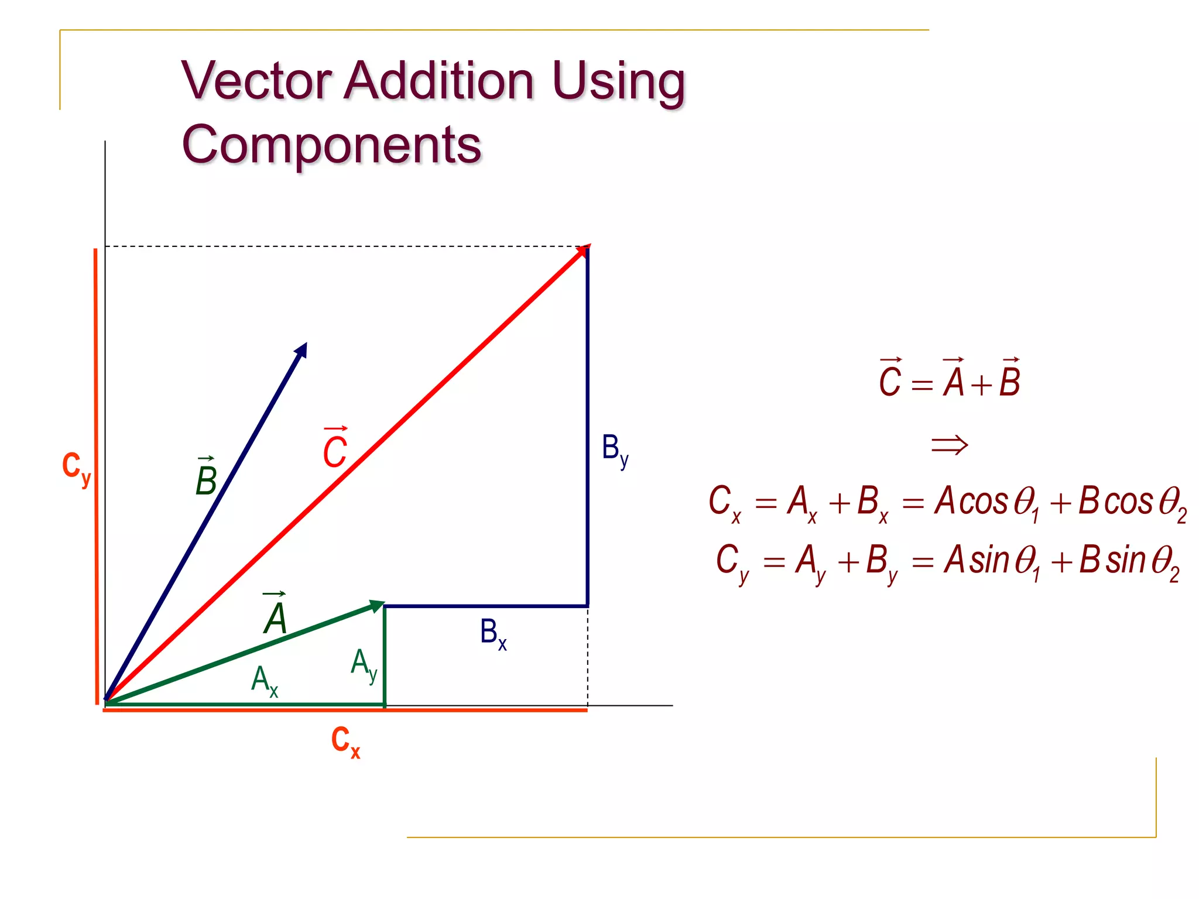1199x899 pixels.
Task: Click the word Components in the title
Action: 331,145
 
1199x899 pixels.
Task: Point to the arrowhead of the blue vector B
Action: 302,350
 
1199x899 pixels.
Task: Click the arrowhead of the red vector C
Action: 583,251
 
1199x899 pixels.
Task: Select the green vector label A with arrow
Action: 275,615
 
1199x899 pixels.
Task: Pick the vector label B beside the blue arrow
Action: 206,477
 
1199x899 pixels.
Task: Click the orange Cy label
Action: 77,468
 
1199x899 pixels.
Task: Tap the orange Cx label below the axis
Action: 345,742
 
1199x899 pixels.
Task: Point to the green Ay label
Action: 364,664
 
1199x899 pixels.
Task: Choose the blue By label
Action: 615,450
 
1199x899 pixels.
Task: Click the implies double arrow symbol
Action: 950,445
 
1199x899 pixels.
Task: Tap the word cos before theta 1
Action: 984,502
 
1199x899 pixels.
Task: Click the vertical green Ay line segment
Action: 384,656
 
